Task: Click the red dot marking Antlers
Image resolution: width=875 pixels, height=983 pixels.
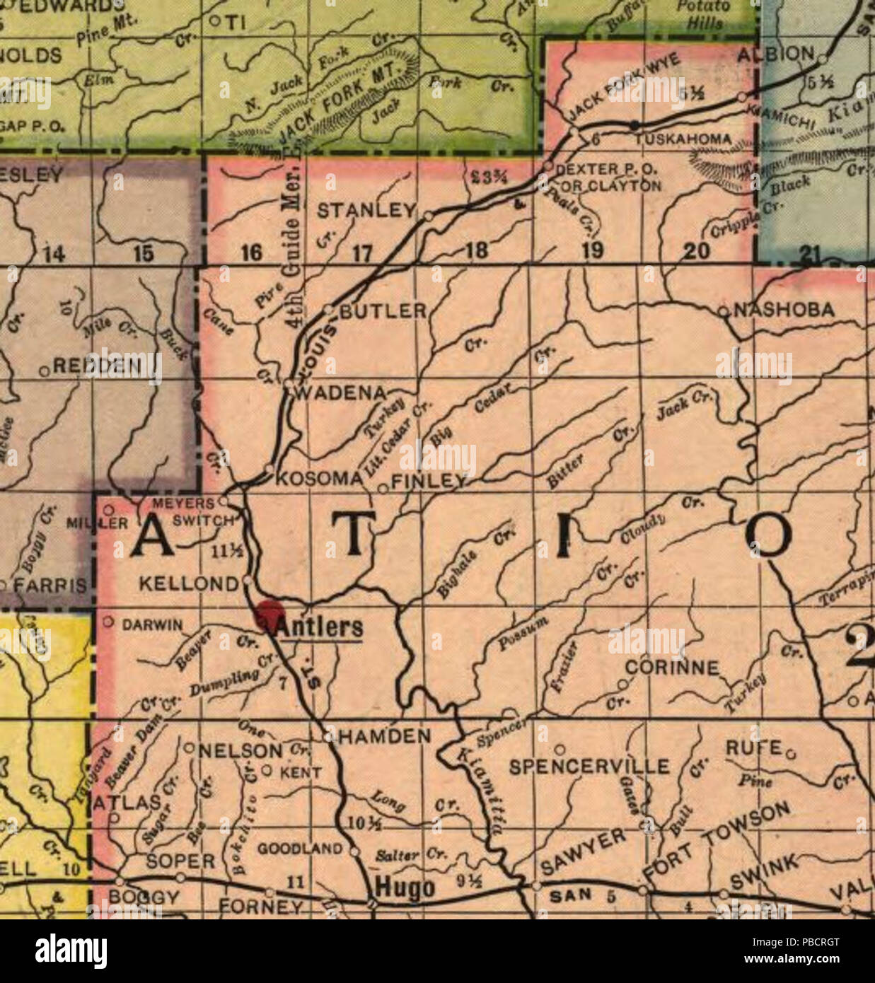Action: (270, 614)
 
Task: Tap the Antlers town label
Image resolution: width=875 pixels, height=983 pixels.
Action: (320, 627)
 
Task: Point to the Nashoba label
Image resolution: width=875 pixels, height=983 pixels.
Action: (784, 310)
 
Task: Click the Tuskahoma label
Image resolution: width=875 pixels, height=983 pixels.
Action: (682, 140)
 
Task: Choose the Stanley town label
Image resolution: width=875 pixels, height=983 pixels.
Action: (366, 211)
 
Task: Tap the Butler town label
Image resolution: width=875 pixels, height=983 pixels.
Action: (384, 310)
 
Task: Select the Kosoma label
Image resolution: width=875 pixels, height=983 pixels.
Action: (318, 479)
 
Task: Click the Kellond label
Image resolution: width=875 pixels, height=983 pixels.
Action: (188, 583)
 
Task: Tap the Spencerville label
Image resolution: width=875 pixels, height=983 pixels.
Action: (589, 767)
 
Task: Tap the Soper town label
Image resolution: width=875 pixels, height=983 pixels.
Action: (180, 861)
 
